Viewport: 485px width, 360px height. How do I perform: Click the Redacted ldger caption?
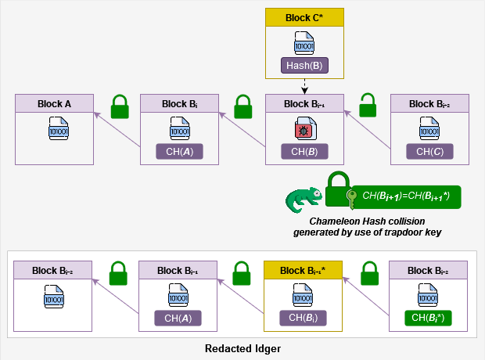point(242,348)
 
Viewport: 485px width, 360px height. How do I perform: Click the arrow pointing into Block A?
point(117,128)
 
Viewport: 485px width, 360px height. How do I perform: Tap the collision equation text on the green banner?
point(406,194)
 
